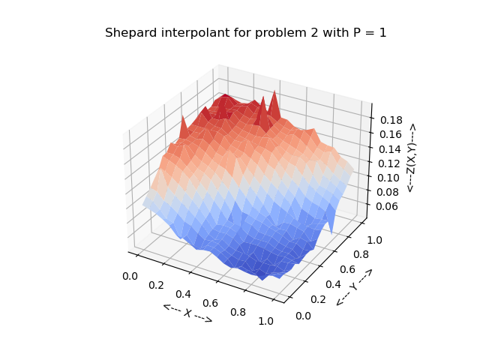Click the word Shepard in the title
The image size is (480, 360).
pyautogui.click(x=128, y=33)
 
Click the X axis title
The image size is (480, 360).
pyautogui.click(x=187, y=313)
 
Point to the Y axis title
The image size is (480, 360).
pyautogui.click(x=354, y=287)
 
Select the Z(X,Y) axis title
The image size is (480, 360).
pyautogui.click(x=411, y=158)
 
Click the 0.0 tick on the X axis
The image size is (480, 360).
pyautogui.click(x=130, y=276)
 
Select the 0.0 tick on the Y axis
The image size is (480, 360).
pyautogui.click(x=304, y=316)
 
